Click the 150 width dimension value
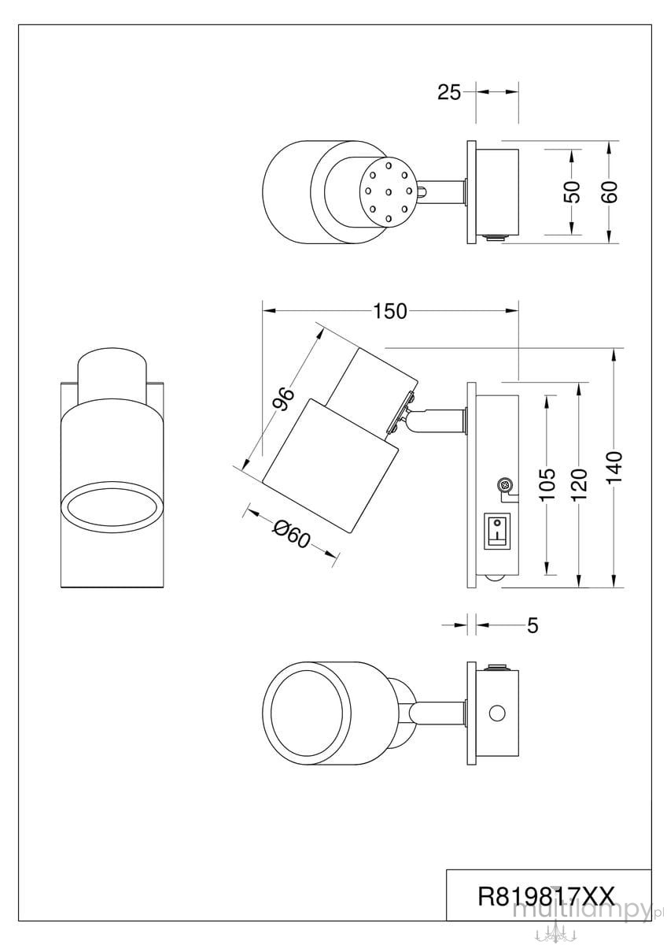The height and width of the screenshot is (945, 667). click(390, 311)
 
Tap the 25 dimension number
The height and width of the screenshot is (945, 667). click(449, 92)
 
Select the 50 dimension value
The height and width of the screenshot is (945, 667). click(572, 191)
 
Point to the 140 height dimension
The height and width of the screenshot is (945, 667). click(615, 469)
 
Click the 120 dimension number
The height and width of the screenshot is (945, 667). click(580, 485)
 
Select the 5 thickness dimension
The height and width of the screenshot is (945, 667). click(533, 625)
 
